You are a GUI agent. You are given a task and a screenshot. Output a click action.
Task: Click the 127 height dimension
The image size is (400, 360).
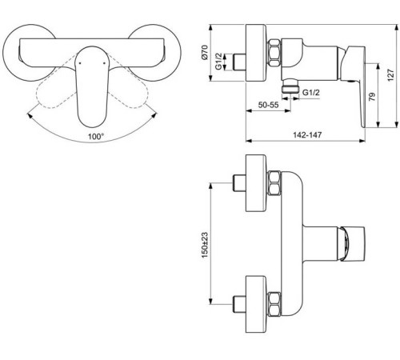coord(389,73)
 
